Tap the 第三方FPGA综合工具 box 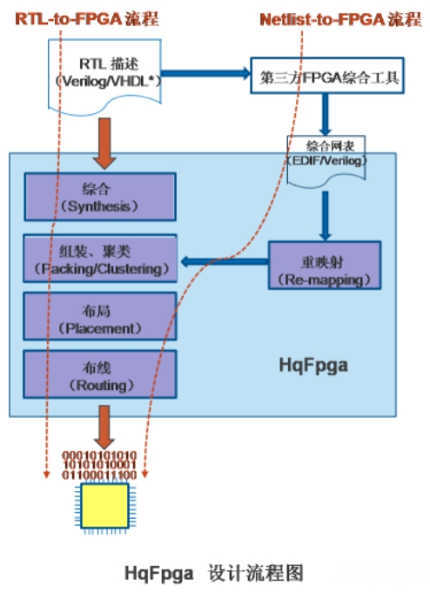[x=329, y=77]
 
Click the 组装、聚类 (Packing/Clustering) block [x=100, y=259]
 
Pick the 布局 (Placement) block [x=100, y=319]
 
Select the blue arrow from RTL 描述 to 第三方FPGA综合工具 [x=205, y=76]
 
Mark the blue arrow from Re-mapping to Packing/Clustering [x=223, y=259]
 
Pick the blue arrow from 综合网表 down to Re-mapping [x=326, y=214]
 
